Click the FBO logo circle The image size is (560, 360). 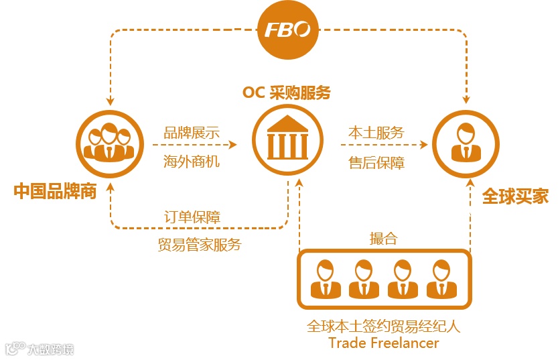287,30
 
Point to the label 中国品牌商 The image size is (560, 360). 56,192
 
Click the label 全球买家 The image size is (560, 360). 515,196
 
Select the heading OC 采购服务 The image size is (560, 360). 287,93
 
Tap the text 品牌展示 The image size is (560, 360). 192,131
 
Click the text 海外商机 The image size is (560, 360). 192,162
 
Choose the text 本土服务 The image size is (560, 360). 376,132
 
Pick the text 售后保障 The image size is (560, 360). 376,162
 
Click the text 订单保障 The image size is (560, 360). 193,217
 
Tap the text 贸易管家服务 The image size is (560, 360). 200,244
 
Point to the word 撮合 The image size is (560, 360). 383,239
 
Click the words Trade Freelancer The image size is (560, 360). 384,343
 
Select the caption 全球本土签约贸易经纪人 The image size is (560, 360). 384,326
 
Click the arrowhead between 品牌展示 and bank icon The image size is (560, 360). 234,144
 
